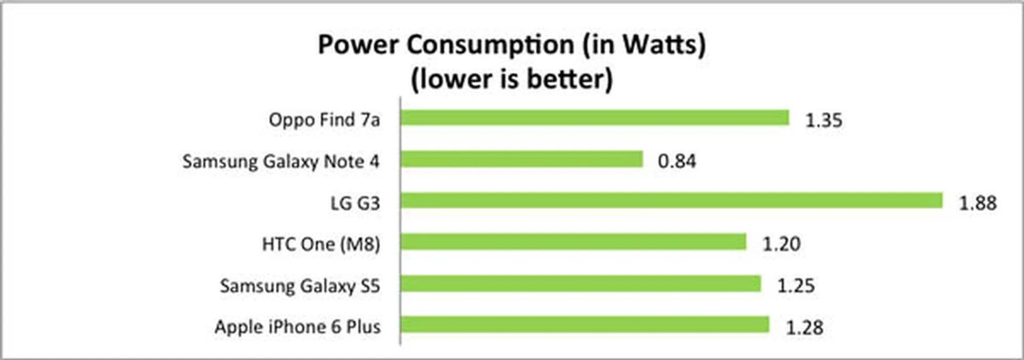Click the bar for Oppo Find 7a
click(x=595, y=118)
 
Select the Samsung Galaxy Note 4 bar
click(x=522, y=159)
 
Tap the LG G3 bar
click(x=671, y=201)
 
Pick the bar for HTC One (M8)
click(x=573, y=242)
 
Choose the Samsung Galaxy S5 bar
click(x=581, y=283)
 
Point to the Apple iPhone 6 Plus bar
click(x=585, y=324)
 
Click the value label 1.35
click(x=823, y=121)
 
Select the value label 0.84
click(x=677, y=161)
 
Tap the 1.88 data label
click(x=978, y=203)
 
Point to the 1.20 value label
click(x=781, y=244)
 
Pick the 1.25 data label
click(x=796, y=286)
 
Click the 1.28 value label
click(x=804, y=327)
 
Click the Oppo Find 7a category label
click(x=324, y=120)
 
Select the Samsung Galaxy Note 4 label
click(x=281, y=161)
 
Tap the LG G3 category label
click(x=355, y=203)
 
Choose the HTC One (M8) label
click(x=321, y=244)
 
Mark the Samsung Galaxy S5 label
click(x=300, y=286)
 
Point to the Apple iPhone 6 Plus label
click(x=298, y=327)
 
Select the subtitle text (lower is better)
click(x=512, y=79)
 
